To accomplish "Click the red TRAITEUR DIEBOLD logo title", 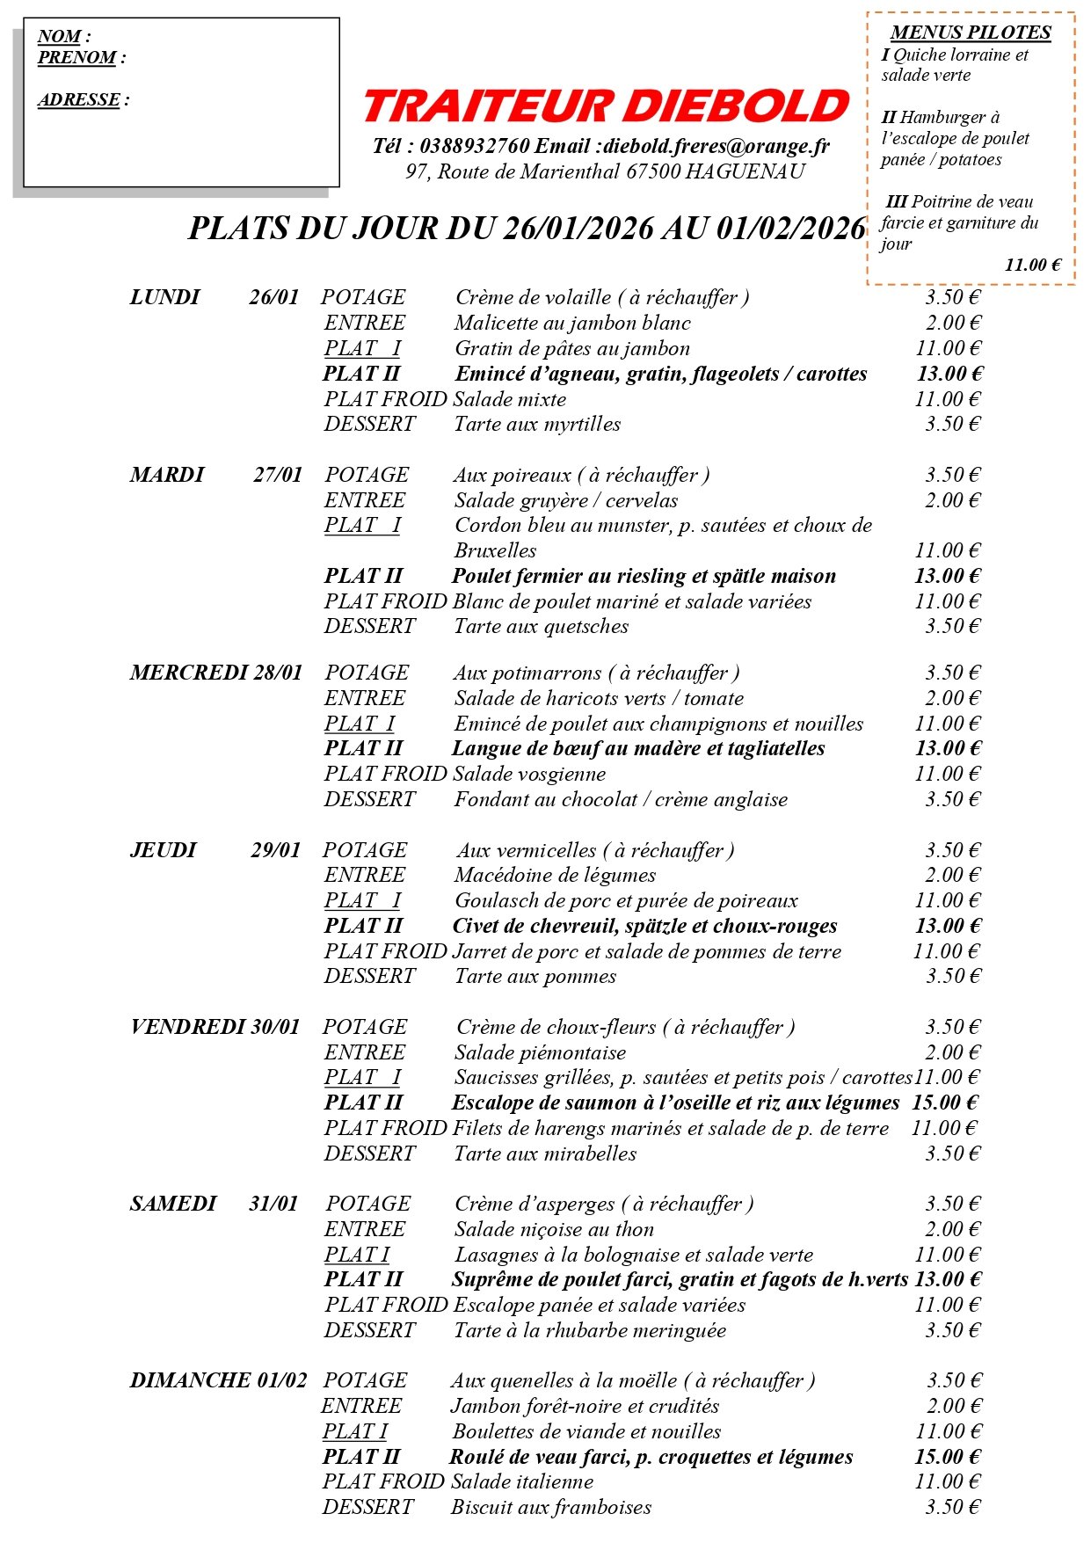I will [606, 106].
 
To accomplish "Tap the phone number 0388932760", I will [475, 146].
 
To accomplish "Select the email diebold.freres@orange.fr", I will [716, 146].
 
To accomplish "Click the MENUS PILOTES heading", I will [971, 33].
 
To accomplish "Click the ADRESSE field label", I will [79, 100].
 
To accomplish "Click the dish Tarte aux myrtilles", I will [537, 425].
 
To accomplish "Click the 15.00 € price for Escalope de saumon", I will [945, 1103].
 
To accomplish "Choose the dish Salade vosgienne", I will [529, 775].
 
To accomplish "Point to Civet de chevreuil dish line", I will [644, 926].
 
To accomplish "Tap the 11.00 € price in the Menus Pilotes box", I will [1033, 266].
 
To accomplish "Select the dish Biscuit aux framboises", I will [551, 1508].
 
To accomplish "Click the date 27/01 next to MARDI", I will [278, 476].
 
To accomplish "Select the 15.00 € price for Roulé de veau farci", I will [947, 1457].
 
